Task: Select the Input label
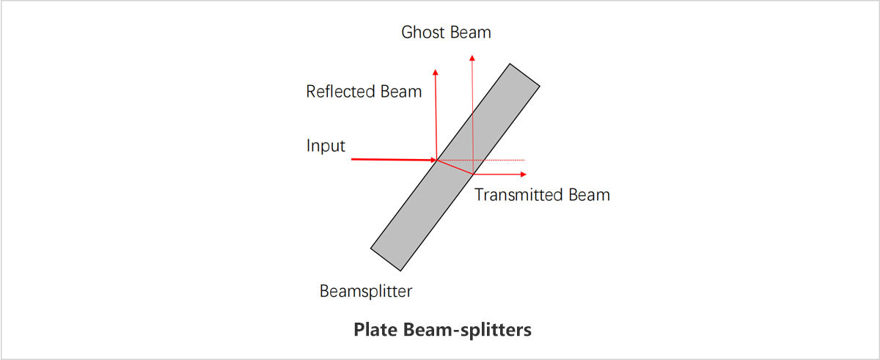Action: pyautogui.click(x=326, y=145)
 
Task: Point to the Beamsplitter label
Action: pyautogui.click(x=366, y=291)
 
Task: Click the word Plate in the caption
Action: pyautogui.click(x=375, y=330)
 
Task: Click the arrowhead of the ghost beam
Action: pyautogui.click(x=472, y=56)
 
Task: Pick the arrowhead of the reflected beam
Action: pyautogui.click(x=436, y=71)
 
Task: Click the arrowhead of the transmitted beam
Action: pyautogui.click(x=523, y=175)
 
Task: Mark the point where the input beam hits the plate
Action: pyautogui.click(x=436, y=159)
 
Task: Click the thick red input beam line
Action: pyautogui.click(x=389, y=158)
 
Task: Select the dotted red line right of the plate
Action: pyautogui.click(x=502, y=160)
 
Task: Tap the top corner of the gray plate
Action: pyautogui.click(x=510, y=63)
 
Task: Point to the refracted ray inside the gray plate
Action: pyautogui.click(x=455, y=166)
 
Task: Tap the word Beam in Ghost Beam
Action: pyautogui.click(x=469, y=32)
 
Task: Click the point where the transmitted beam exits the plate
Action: pyautogui.click(x=473, y=174)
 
